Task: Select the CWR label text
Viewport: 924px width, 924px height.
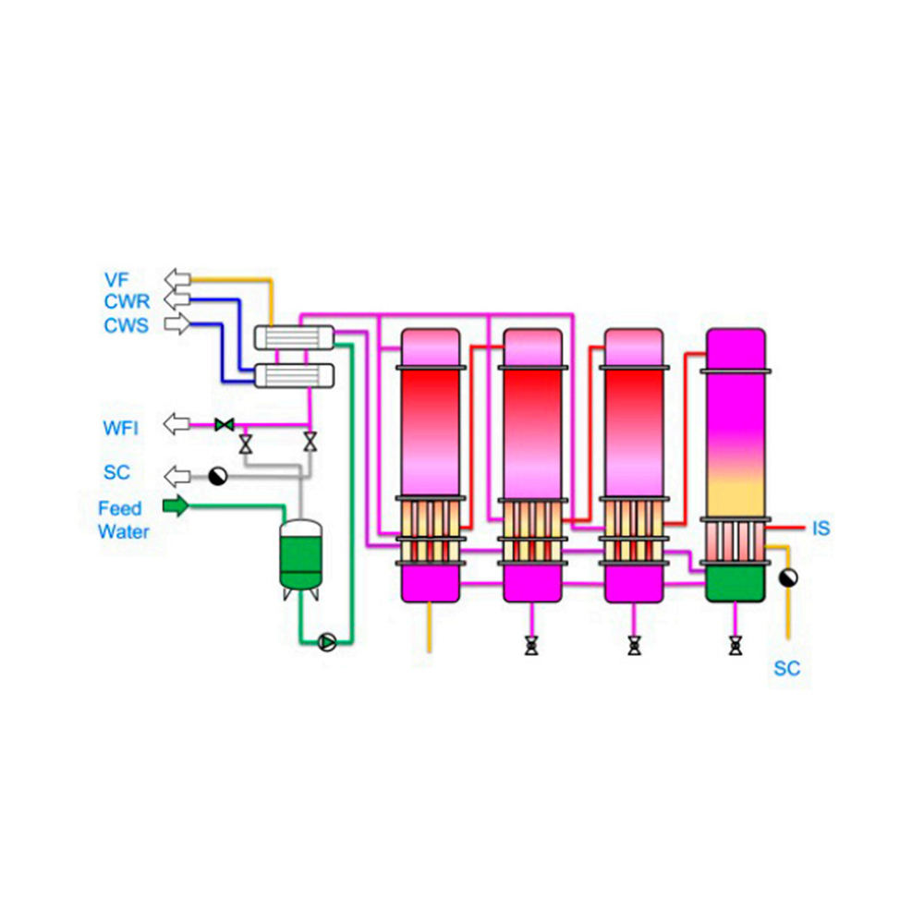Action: click(x=127, y=301)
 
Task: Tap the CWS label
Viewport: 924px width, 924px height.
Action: click(x=126, y=325)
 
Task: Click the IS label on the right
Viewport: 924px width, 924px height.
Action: click(x=821, y=529)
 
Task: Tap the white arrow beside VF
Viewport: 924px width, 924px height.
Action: click(x=176, y=277)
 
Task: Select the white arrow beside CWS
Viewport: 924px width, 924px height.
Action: click(x=176, y=324)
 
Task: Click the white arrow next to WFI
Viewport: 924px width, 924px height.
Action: click(x=176, y=424)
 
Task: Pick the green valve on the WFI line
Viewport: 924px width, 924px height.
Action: click(x=223, y=425)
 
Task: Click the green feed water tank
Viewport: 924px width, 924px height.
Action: click(x=301, y=553)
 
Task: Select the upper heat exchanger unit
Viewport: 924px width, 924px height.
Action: click(x=294, y=337)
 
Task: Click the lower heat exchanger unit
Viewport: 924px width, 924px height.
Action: click(x=294, y=374)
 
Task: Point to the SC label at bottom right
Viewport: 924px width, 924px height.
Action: click(x=786, y=668)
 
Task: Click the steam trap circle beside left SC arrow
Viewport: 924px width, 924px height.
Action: click(x=218, y=476)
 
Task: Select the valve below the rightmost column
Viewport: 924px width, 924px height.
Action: click(x=735, y=646)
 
